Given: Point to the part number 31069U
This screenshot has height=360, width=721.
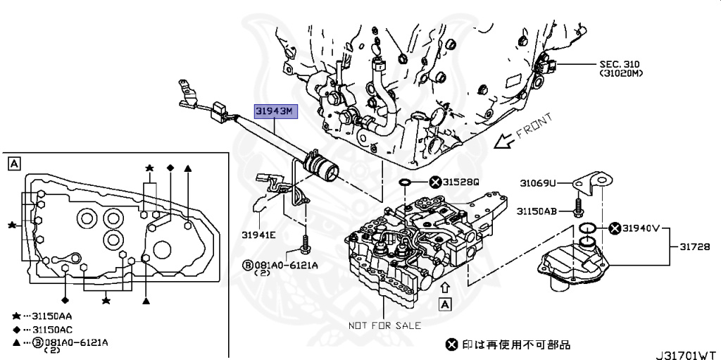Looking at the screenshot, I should click(x=538, y=183).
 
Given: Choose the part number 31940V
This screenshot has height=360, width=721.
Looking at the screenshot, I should click(x=642, y=228).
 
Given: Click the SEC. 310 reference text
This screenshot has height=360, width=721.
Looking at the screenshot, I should click(x=622, y=63).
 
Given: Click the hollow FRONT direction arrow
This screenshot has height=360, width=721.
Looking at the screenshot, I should click(x=502, y=141).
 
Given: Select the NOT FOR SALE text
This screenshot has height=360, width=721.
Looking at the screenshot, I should click(x=385, y=325).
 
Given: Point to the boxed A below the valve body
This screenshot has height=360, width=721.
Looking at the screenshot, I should click(x=444, y=304).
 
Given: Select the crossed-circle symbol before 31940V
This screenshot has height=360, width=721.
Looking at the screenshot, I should click(x=614, y=228).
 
